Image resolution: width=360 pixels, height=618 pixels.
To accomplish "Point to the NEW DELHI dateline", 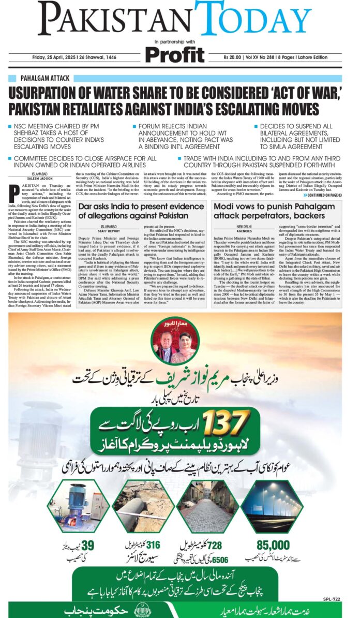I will (247, 227).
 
